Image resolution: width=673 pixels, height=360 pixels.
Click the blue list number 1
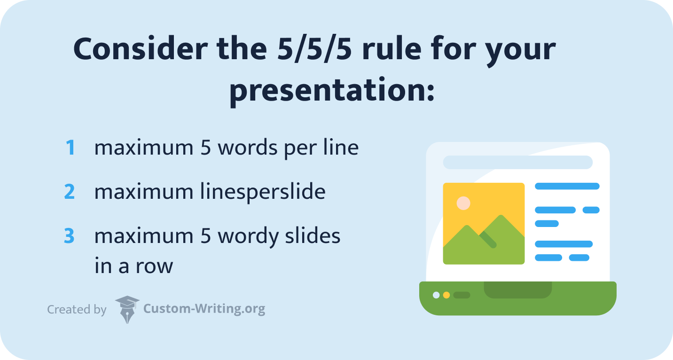click(x=70, y=148)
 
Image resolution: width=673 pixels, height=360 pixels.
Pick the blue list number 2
click(x=70, y=192)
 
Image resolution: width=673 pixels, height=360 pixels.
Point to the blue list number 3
click(x=70, y=236)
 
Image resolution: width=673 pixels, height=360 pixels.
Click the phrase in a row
click(x=133, y=266)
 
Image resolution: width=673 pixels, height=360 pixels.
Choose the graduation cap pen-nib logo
click(x=127, y=309)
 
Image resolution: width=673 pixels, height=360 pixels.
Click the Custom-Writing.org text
click(x=204, y=309)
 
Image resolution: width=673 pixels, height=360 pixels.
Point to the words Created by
click(x=77, y=310)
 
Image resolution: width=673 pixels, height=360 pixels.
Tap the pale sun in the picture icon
click(x=463, y=203)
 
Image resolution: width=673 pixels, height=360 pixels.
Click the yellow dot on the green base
click(x=446, y=295)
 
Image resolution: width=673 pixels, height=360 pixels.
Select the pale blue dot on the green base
click(x=436, y=295)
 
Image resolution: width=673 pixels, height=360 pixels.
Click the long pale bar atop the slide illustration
click(x=517, y=162)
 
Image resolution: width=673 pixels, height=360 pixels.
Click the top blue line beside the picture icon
click(x=567, y=186)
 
